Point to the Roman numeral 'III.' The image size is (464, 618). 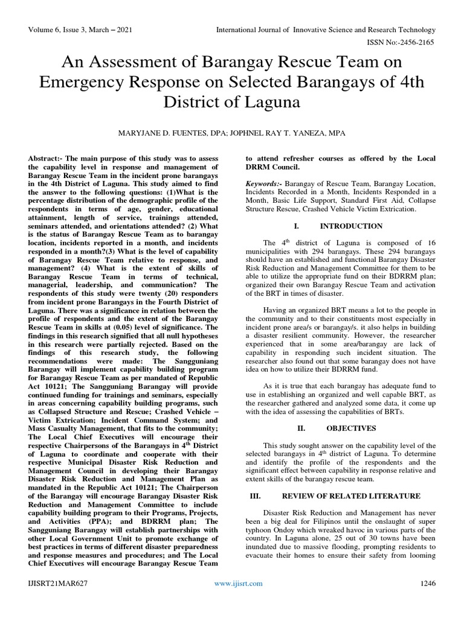(x=255, y=495)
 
